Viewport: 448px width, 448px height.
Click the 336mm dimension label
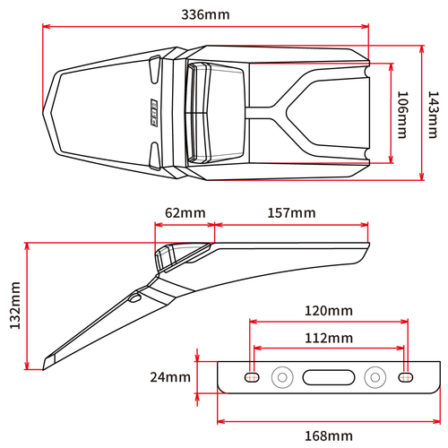[x=205, y=15]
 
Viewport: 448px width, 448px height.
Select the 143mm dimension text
[x=434, y=109]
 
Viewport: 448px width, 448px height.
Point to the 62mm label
[x=185, y=213]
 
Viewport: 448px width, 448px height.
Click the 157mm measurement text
[x=291, y=213]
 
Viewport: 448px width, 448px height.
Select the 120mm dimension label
[x=328, y=311]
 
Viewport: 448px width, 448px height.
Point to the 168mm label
[x=328, y=436]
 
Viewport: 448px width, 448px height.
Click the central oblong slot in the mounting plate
[x=329, y=376]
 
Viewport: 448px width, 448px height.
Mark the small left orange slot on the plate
[x=253, y=376]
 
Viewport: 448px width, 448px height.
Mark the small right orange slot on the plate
[x=405, y=376]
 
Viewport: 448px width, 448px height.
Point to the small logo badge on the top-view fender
[x=159, y=110]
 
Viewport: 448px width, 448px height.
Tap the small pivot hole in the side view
[x=135, y=296]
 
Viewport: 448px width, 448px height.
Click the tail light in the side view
[x=176, y=257]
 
